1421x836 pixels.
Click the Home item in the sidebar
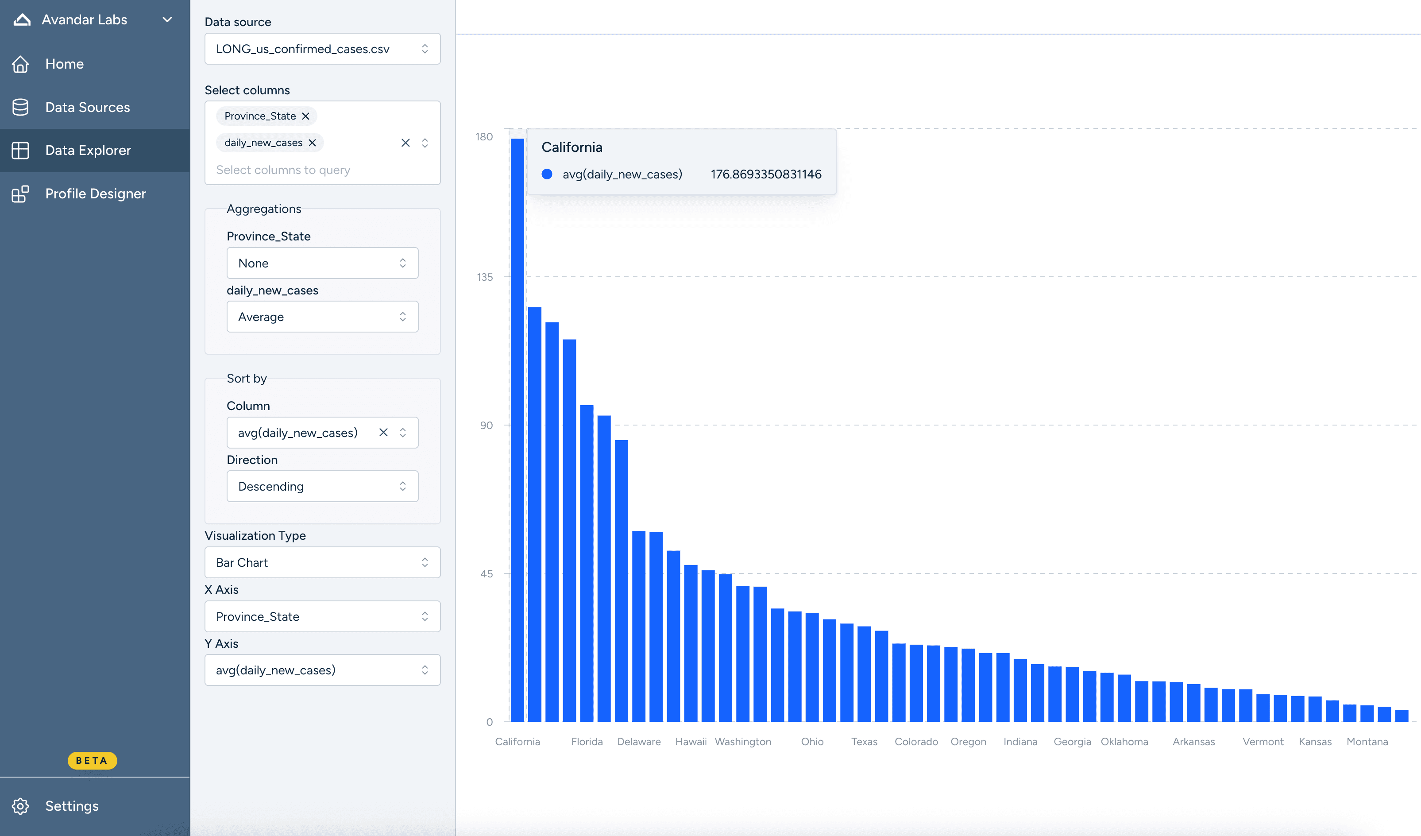(64, 64)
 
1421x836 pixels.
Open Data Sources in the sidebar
(87, 107)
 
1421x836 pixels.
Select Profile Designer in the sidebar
(95, 194)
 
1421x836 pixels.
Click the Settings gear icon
(20, 805)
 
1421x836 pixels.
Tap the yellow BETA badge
(92, 760)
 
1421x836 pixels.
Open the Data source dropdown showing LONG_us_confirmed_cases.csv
(322, 49)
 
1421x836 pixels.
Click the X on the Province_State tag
(305, 116)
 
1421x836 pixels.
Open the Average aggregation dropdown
(322, 317)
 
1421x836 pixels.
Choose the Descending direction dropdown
(322, 486)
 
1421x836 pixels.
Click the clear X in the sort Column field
(383, 433)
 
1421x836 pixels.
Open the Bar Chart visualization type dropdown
(322, 562)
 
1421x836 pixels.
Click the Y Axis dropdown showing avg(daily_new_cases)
(322, 670)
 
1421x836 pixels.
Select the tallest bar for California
(517, 429)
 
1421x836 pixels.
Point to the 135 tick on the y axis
(484, 277)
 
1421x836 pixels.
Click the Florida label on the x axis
(587, 741)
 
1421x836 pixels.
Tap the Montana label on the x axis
(1367, 741)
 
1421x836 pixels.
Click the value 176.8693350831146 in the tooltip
(765, 174)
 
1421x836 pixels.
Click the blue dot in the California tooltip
(546, 174)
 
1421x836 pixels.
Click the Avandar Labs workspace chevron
(167, 20)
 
